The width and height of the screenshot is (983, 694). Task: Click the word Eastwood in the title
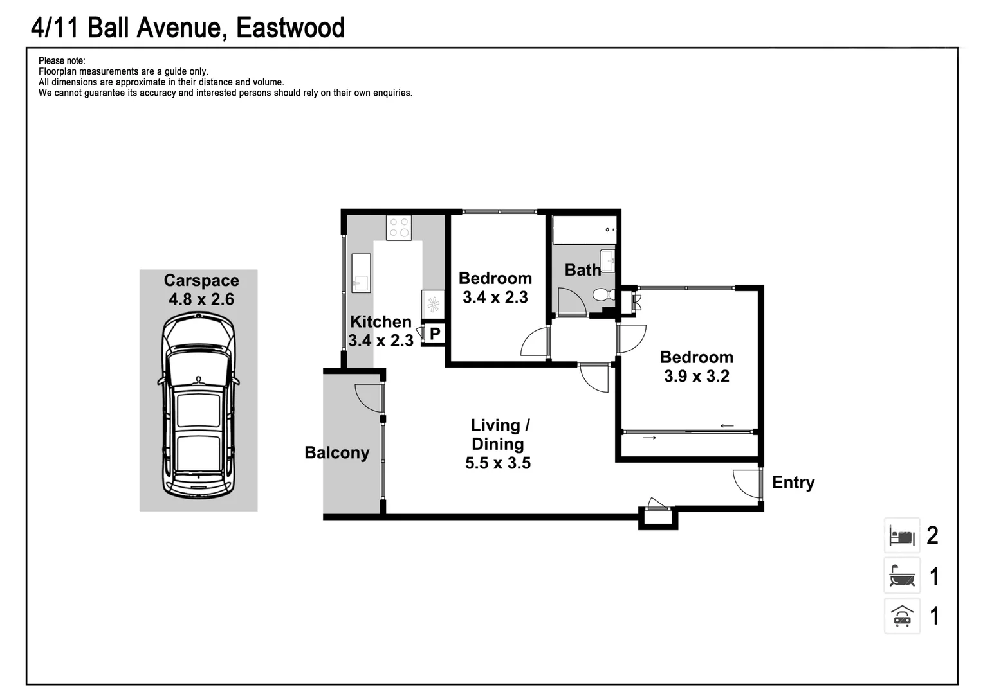click(290, 28)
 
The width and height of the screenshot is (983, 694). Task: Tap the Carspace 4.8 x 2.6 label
click(201, 290)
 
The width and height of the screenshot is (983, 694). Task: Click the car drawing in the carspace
click(198, 405)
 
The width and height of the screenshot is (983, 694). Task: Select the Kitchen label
click(380, 322)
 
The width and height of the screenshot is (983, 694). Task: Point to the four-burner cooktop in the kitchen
click(399, 227)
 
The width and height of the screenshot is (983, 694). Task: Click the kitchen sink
click(361, 273)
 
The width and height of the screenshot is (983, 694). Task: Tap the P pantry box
click(434, 334)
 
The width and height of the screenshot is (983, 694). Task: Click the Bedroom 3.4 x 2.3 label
click(495, 288)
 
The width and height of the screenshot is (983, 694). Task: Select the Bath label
click(583, 270)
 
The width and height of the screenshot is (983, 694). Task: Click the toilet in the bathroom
click(605, 294)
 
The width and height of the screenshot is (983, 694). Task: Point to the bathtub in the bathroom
click(585, 229)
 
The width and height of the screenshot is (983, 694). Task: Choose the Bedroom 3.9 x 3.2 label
click(697, 366)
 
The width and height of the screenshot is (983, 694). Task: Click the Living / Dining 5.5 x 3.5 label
click(499, 444)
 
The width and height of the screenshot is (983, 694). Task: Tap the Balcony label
click(337, 453)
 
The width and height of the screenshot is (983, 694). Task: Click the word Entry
click(793, 482)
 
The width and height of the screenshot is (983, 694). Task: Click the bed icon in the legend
click(902, 535)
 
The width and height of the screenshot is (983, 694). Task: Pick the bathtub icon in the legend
click(902, 576)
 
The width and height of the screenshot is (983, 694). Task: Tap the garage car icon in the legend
click(902, 616)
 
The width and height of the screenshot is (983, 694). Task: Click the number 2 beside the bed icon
click(933, 535)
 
